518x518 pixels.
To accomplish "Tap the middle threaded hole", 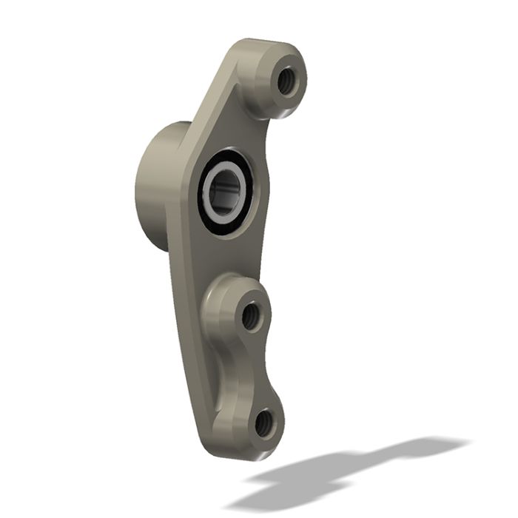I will [249, 316].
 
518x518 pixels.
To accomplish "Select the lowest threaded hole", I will [264, 423].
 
